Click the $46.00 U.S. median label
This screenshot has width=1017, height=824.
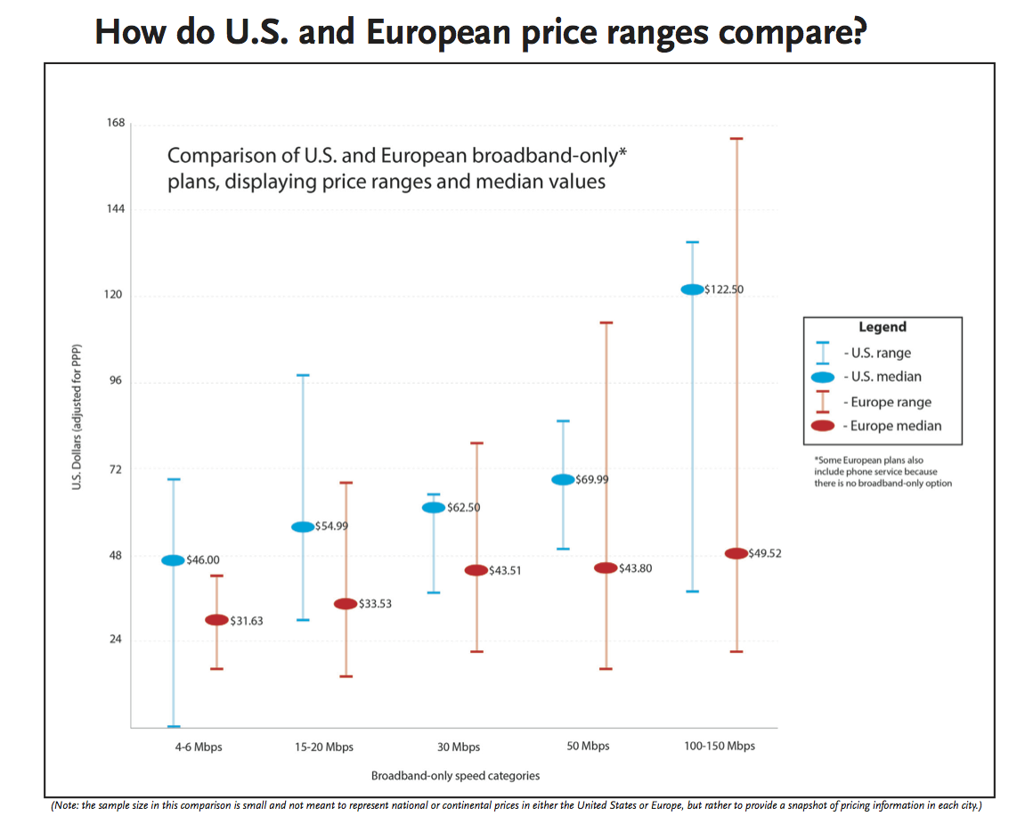202,560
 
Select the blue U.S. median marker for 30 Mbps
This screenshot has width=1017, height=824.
434,508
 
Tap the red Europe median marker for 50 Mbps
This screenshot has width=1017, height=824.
606,568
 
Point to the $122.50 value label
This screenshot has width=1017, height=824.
723,290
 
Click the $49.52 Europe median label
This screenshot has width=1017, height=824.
765,553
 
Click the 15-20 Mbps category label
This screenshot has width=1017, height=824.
323,746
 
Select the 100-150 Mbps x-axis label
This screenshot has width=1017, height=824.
720,746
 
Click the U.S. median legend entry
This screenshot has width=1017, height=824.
882,377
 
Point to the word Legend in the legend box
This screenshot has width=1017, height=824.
882,327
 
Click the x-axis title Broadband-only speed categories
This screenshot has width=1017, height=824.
455,775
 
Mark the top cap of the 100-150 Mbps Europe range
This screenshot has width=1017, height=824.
736,139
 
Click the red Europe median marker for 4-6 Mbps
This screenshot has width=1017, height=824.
216,620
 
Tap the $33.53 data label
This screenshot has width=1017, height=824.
375,604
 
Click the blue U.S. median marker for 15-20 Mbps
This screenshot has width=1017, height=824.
303,526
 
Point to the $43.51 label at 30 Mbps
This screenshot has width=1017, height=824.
504,570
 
